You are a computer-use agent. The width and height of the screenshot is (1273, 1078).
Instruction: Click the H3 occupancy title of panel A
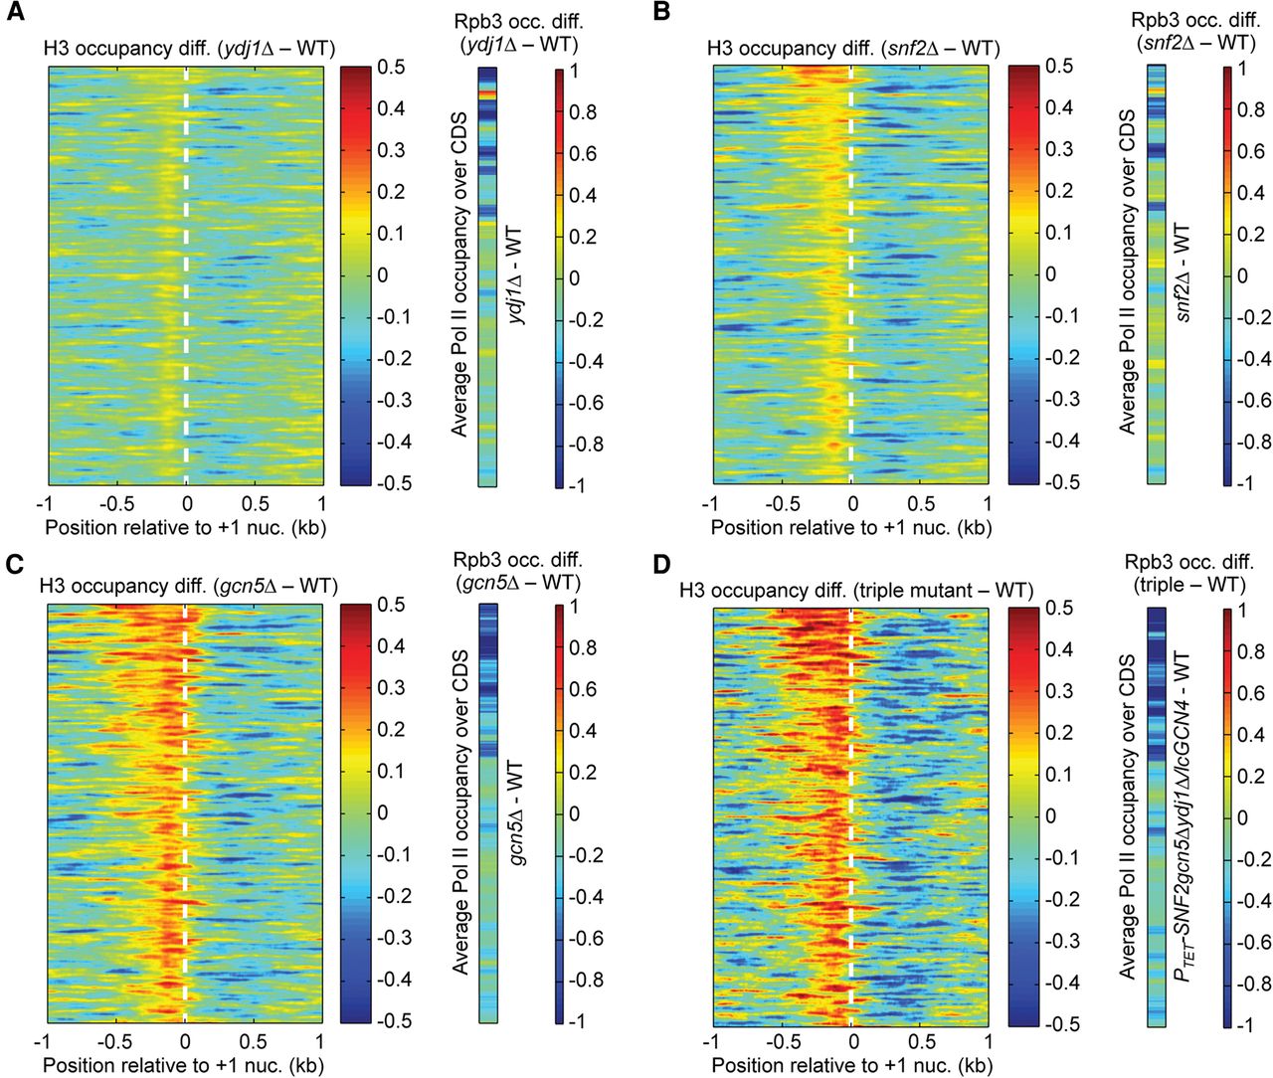point(189,48)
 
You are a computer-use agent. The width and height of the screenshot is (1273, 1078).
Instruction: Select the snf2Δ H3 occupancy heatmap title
point(852,48)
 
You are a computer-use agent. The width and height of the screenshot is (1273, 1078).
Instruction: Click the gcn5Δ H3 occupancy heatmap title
point(189,587)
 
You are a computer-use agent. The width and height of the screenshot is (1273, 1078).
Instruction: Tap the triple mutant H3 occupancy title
point(855,590)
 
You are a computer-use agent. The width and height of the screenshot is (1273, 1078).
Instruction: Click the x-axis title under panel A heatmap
point(185,526)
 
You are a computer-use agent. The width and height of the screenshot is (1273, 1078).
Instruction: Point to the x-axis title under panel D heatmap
point(851,1065)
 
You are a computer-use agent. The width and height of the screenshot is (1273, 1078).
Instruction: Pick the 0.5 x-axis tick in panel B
point(921,503)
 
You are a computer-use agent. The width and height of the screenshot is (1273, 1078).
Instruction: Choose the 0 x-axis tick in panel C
point(185,1041)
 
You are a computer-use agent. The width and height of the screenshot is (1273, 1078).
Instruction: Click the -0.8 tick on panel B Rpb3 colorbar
point(1251,442)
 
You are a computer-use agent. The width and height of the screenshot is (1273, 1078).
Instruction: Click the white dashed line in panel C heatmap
point(185,815)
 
